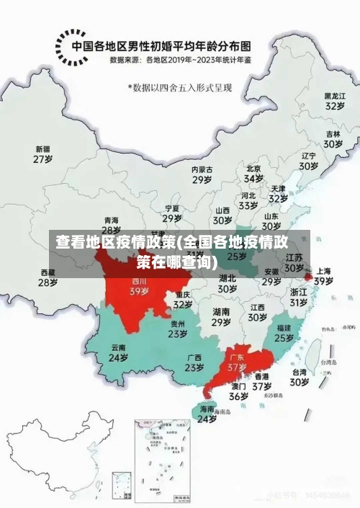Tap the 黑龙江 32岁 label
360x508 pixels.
pos(334,100)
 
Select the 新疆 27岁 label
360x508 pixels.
pos(43,154)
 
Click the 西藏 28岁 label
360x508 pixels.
pos(48,277)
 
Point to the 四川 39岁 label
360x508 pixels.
pos(139,287)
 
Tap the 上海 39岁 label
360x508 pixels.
pos(323,276)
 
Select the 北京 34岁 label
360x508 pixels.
pos(253,173)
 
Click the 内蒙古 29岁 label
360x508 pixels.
pos(202,174)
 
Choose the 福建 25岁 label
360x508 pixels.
pos(284,332)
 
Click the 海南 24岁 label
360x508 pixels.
pos(207,414)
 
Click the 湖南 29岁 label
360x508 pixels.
pos(221,317)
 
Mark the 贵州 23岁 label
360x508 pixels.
pos(178,329)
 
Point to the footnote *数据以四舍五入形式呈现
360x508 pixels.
pos(180,87)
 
